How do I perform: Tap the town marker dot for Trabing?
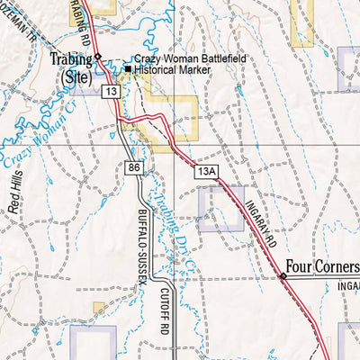point(98,56)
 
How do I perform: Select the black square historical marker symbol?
point(129,69)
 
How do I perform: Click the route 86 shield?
point(135,167)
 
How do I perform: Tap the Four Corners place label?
point(322,266)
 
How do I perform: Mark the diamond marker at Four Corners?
point(282,275)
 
